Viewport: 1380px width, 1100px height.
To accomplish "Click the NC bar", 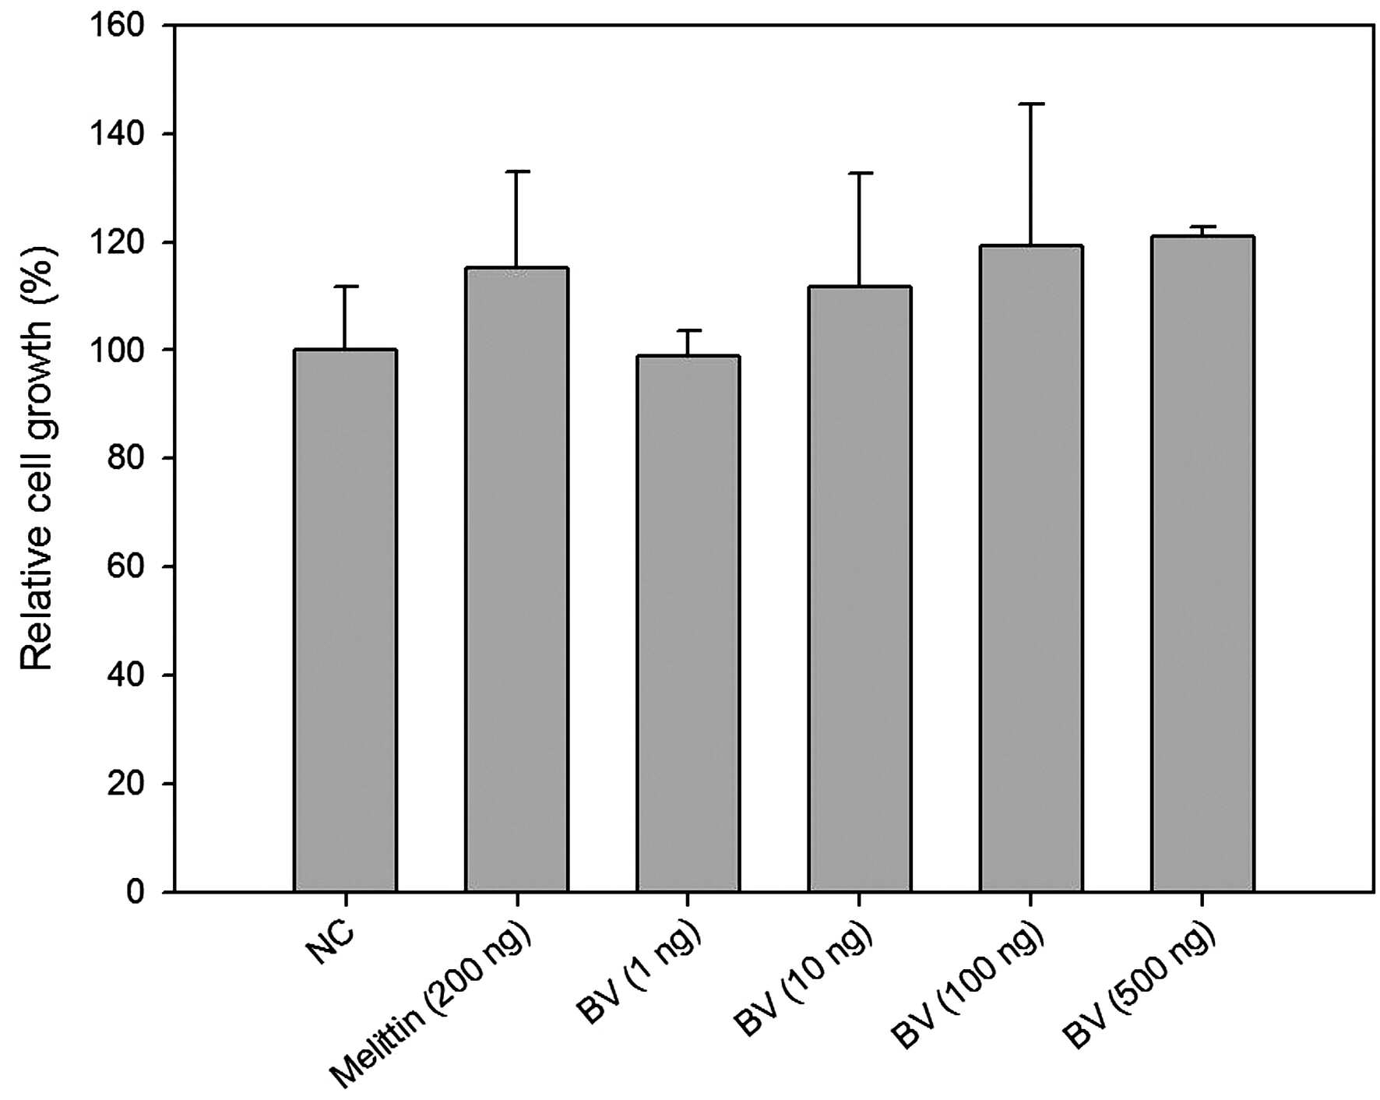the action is [x=345, y=620].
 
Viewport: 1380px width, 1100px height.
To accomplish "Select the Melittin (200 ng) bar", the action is [x=517, y=580].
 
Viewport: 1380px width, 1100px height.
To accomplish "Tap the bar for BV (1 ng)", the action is [x=688, y=623].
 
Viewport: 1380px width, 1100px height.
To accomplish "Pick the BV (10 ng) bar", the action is [x=860, y=589].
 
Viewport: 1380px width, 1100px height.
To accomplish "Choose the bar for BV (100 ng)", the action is [x=1031, y=569].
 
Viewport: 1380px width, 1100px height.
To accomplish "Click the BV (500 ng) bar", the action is [x=1202, y=564].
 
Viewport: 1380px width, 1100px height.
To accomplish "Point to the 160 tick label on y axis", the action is [x=117, y=26].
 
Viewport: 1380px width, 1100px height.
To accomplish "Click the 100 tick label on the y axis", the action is [x=117, y=350].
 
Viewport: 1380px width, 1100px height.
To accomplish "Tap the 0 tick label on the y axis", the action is [x=136, y=891].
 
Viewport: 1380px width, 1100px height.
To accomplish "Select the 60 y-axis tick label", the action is [x=126, y=566].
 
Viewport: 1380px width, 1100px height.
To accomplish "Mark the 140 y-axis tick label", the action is [x=117, y=134].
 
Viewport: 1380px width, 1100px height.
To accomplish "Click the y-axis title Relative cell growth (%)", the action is [x=37, y=459].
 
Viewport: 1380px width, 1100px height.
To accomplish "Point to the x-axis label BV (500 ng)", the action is [x=1139, y=985].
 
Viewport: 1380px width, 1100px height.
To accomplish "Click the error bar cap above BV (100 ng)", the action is [x=1031, y=104].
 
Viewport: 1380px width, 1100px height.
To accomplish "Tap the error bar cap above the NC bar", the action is [x=345, y=287].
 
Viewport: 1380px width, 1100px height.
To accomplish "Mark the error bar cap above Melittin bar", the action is [x=517, y=171].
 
